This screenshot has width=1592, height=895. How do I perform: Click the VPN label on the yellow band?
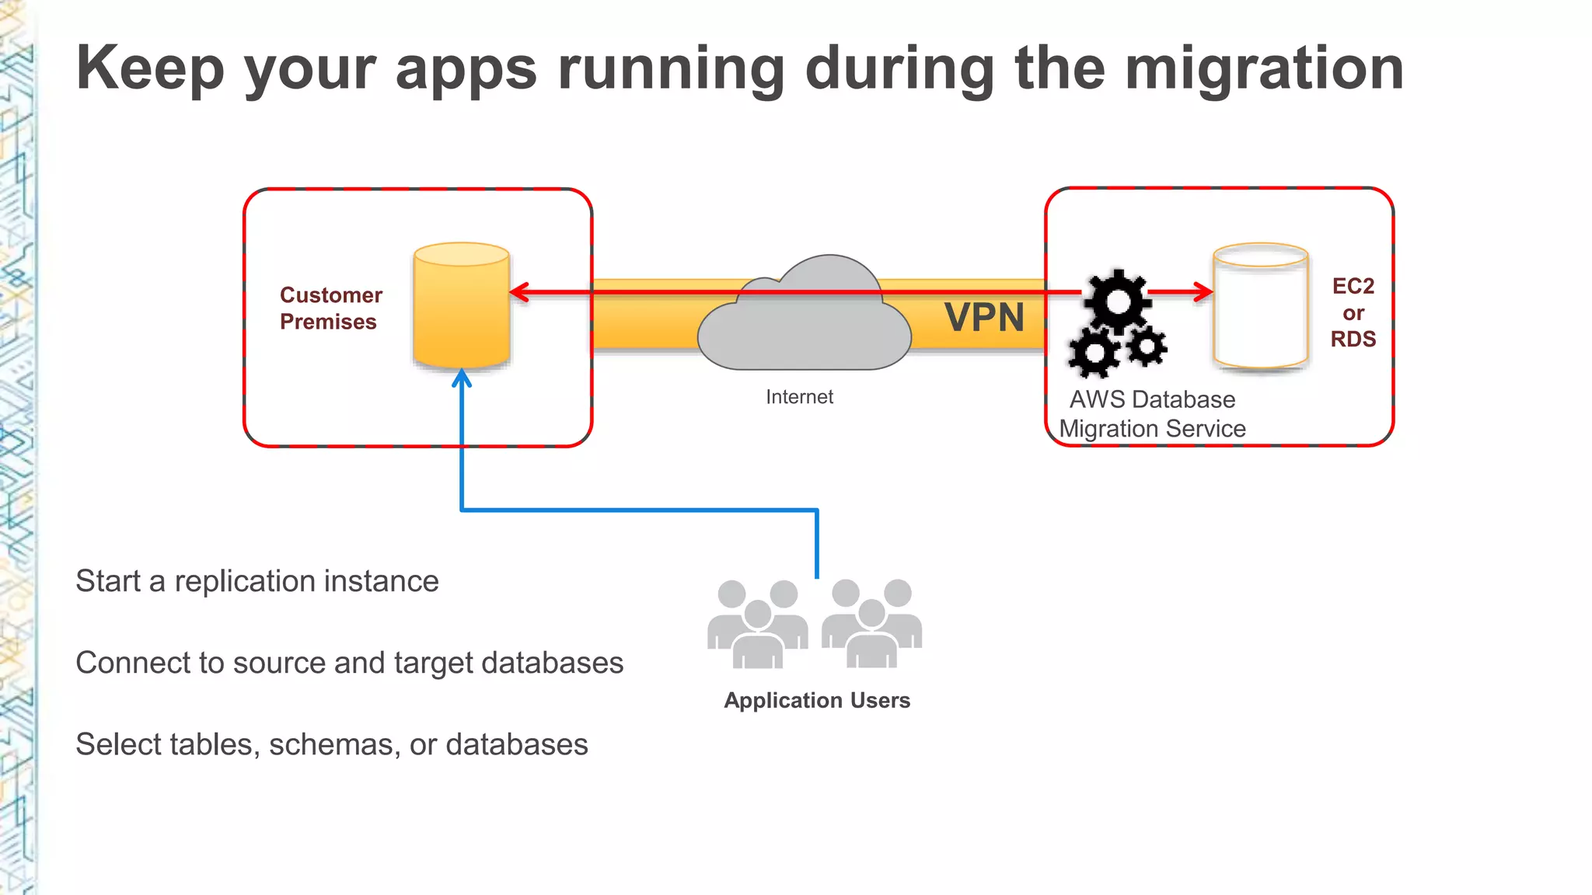pos(984,318)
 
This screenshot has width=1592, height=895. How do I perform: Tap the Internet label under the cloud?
pos(799,397)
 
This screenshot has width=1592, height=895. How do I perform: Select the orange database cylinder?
pos(462,307)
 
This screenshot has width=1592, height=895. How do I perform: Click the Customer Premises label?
pos(330,308)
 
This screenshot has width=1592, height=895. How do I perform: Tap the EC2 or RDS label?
pos(1353,312)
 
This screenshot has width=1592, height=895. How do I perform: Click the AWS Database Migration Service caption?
pos(1152,414)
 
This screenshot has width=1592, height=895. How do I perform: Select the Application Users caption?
pos(817,700)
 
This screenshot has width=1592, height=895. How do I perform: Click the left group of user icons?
pos(757,625)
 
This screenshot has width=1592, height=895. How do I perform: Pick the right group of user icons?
pos(871,625)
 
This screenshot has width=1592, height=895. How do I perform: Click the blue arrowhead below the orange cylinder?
pos(462,378)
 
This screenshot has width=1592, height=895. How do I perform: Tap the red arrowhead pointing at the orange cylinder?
pos(519,292)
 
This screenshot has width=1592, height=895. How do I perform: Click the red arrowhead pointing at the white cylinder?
pos(1203,292)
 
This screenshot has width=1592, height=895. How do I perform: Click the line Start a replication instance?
pos(257,581)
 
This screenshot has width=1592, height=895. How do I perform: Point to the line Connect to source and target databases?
pos(349,663)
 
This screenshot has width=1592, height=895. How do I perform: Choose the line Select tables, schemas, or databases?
pos(331,744)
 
